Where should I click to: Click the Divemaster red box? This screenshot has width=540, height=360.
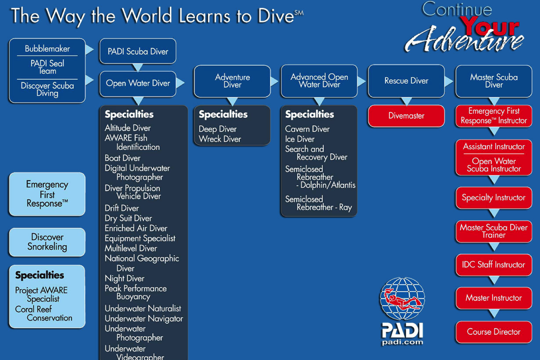tap(406, 116)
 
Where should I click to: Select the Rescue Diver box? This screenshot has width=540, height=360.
tap(406, 81)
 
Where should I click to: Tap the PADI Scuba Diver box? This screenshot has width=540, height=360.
tap(138, 51)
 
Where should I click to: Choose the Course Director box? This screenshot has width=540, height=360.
tap(494, 332)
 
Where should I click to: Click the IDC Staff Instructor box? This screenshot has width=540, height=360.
tap(494, 265)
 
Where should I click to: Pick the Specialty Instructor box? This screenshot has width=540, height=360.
tap(494, 198)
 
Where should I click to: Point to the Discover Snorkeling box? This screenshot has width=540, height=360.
tap(47, 242)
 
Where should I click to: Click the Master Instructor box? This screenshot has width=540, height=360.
tap(494, 298)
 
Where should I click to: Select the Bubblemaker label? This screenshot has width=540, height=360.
tap(47, 49)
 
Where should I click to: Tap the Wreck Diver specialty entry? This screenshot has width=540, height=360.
tap(220, 139)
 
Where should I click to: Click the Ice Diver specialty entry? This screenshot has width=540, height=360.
tap(300, 139)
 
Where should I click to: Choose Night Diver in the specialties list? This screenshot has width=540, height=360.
tap(125, 278)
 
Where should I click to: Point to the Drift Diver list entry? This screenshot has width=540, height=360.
tap(122, 208)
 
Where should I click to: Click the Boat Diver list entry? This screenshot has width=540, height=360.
tap(122, 158)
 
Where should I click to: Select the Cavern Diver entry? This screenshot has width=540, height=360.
tap(307, 129)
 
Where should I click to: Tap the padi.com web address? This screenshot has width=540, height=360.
tap(402, 342)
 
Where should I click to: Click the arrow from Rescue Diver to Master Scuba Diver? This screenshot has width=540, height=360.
tap(449, 81)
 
